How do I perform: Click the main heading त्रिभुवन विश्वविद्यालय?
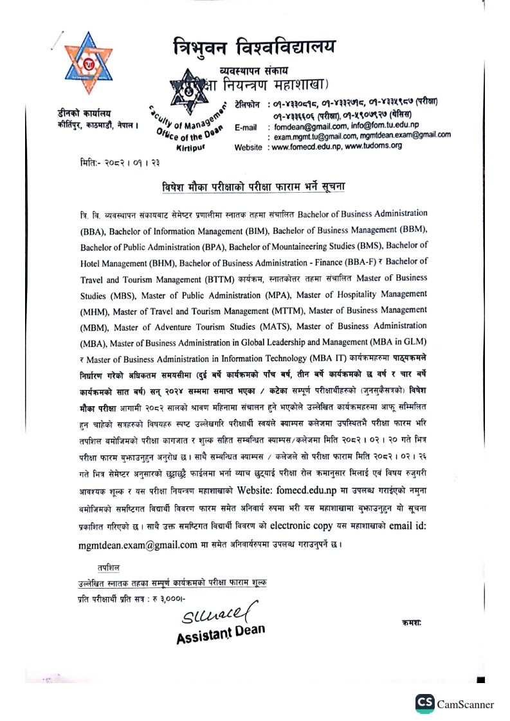[x=255, y=47]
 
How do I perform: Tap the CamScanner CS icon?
[x=424, y=704]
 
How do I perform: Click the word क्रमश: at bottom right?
[x=411, y=623]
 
